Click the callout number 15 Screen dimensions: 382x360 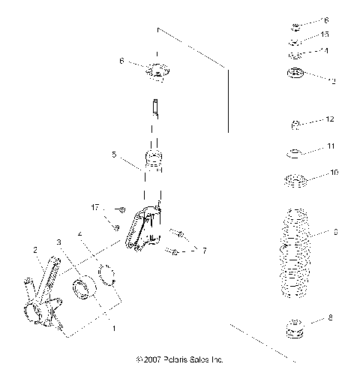point(324,35)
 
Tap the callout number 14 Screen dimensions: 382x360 point(324,50)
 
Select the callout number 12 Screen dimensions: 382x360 point(329,119)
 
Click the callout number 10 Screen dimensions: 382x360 point(334,173)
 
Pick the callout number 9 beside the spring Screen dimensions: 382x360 point(335,233)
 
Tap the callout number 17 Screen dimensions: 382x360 point(116,206)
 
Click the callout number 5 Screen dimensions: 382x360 point(114,155)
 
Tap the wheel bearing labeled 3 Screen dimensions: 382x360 point(82,287)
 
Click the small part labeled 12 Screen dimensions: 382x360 point(297,123)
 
